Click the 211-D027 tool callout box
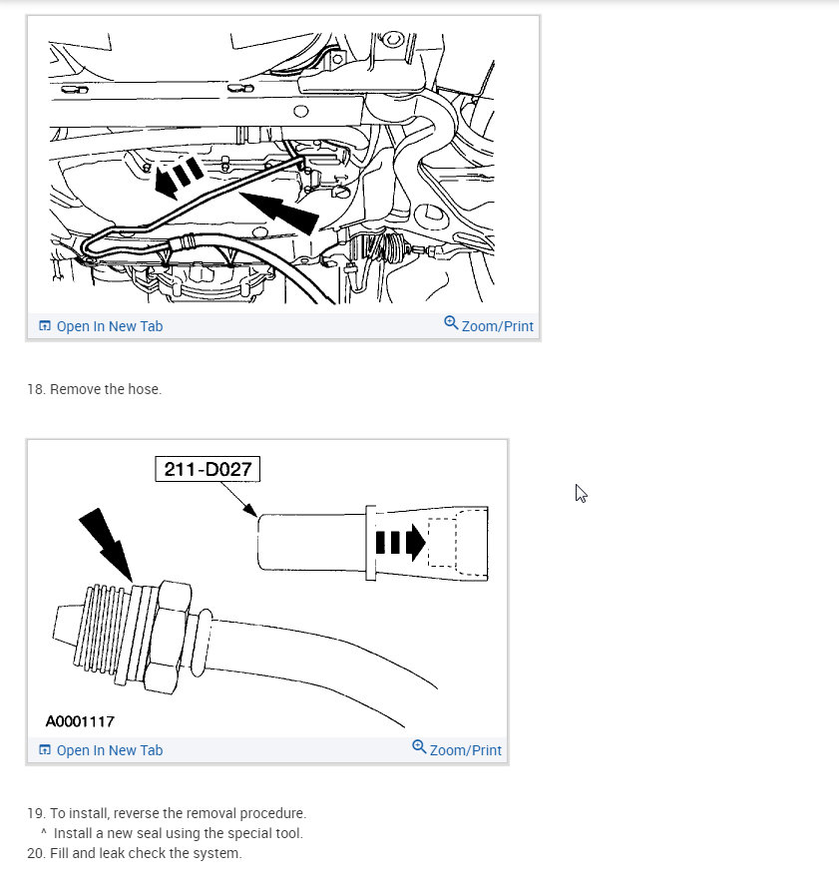(208, 469)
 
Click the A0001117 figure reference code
(80, 721)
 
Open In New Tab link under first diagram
(101, 326)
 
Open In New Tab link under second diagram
(101, 750)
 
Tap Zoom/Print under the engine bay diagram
(489, 325)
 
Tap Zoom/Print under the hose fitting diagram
(457, 749)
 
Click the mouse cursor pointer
(581, 493)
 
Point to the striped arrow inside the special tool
(400, 542)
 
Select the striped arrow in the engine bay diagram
(179, 177)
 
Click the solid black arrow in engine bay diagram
(279, 212)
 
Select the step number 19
(36, 813)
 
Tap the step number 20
(36, 853)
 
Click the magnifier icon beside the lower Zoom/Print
(419, 746)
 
